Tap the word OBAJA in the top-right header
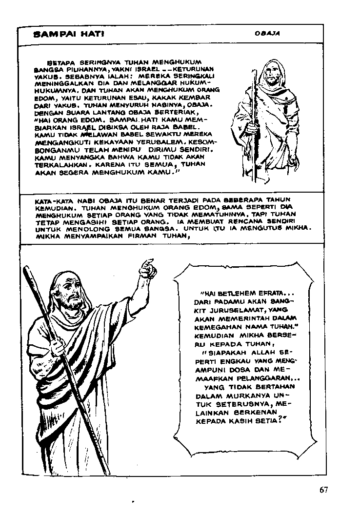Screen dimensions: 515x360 (266, 34)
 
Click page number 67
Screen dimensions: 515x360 (325, 490)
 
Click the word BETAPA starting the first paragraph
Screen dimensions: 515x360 (59, 63)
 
